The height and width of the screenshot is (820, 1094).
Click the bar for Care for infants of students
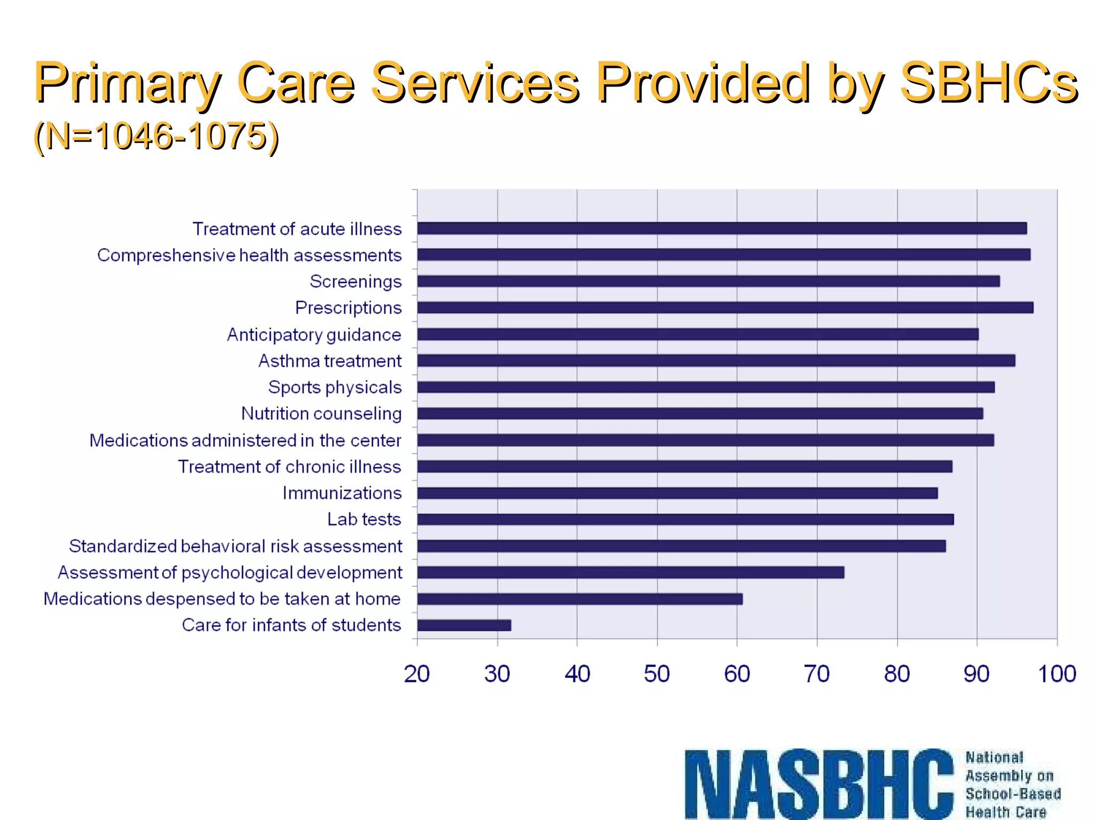point(464,625)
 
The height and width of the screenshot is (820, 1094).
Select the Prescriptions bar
point(725,307)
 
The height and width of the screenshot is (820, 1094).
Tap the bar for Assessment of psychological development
point(630,572)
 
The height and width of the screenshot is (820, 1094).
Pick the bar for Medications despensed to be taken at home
point(580,599)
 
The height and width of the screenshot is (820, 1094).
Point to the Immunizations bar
point(677,493)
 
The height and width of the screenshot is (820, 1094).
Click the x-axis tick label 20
point(417,674)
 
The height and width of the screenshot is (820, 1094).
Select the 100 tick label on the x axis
point(1056,674)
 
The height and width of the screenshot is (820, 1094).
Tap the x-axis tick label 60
point(737,674)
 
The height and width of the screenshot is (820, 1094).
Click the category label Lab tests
point(364,519)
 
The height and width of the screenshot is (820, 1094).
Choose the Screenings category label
point(355,281)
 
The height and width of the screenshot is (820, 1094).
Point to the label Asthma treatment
point(330,361)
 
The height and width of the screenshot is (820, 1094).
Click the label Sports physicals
point(334,387)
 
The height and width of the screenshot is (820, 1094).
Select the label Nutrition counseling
point(321,414)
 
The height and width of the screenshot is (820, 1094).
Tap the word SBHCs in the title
point(988,83)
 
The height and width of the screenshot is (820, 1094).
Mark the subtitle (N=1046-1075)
point(156,136)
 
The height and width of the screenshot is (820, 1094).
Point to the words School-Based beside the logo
point(1013,794)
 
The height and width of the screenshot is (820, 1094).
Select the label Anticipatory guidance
point(314,335)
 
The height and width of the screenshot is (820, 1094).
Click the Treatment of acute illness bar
point(722,228)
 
